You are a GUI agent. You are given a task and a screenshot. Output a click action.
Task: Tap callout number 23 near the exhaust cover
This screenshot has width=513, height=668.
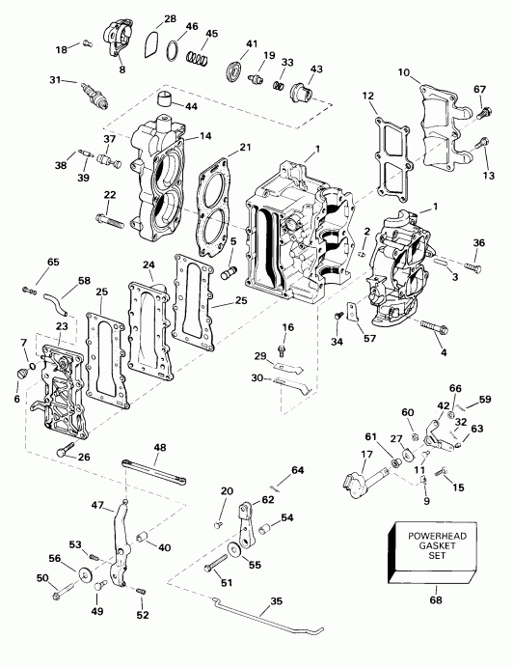tap(62, 327)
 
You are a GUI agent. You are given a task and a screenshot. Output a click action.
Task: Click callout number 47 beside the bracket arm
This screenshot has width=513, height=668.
tap(96, 505)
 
